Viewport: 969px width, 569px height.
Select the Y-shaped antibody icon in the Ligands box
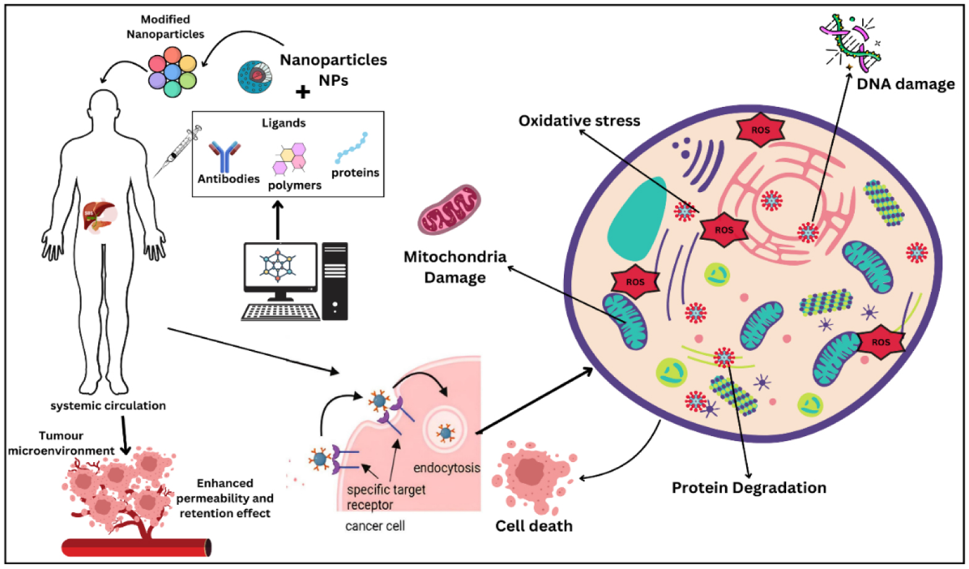pyautogui.click(x=224, y=156)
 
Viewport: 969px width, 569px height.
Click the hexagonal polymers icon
pyautogui.click(x=290, y=159)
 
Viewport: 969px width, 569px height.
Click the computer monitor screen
pyautogui.click(x=280, y=266)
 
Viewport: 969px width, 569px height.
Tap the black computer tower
pyautogui.click(x=335, y=280)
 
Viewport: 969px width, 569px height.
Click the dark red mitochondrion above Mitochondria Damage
pyautogui.click(x=449, y=209)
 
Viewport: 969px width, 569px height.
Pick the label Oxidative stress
pyautogui.click(x=579, y=120)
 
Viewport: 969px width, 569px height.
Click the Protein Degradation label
pyautogui.click(x=749, y=487)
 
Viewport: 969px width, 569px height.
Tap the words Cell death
pyautogui.click(x=534, y=526)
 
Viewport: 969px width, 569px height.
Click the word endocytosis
pyautogui.click(x=447, y=468)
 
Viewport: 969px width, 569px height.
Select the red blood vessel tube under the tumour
pyautogui.click(x=136, y=547)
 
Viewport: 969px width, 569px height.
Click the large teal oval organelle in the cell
pyautogui.click(x=636, y=220)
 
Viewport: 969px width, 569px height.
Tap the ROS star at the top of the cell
pyautogui.click(x=760, y=130)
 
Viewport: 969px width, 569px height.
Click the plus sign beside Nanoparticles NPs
pyautogui.click(x=303, y=92)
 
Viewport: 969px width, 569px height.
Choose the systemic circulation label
pyautogui.click(x=108, y=405)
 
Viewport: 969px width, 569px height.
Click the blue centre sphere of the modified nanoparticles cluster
pyautogui.click(x=172, y=73)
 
